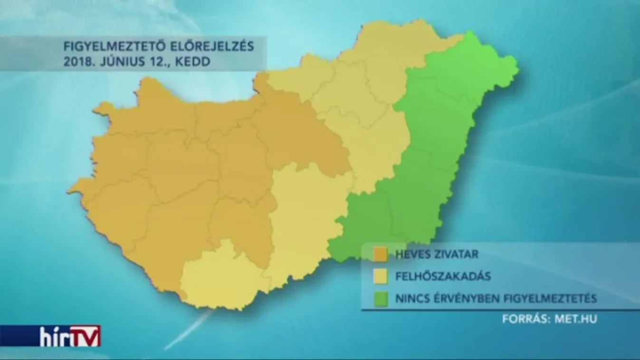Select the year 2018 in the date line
(x=76, y=62)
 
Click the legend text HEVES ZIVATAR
(x=437, y=254)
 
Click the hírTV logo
(x=69, y=336)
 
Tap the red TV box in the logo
(x=86, y=336)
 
